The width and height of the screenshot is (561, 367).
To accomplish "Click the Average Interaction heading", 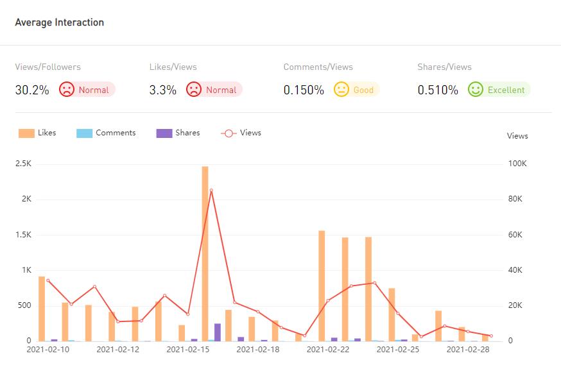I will (59, 22).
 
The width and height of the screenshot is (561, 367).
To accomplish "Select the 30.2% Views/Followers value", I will (32, 90).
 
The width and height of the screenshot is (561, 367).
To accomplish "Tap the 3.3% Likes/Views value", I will (163, 90).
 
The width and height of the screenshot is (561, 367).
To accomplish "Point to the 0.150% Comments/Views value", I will (304, 90).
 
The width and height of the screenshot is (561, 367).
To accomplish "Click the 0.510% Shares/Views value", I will (438, 90).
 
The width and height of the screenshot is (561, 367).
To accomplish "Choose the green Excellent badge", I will (499, 90).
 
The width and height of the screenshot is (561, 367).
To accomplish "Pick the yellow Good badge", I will (356, 90).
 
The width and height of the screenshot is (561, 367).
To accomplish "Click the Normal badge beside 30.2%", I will (87, 90).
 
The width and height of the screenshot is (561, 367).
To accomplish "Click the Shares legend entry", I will (178, 133).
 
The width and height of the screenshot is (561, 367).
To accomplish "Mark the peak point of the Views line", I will (211, 190).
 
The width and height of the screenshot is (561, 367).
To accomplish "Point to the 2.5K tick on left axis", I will (24, 164).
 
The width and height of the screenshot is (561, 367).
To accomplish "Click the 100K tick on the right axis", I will (517, 164).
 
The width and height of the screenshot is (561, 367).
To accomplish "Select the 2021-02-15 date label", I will (188, 350).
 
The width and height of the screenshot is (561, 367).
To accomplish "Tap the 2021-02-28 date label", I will (468, 350).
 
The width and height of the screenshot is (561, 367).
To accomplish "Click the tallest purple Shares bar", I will (218, 332).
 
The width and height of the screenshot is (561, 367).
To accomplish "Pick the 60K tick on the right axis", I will (515, 235).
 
